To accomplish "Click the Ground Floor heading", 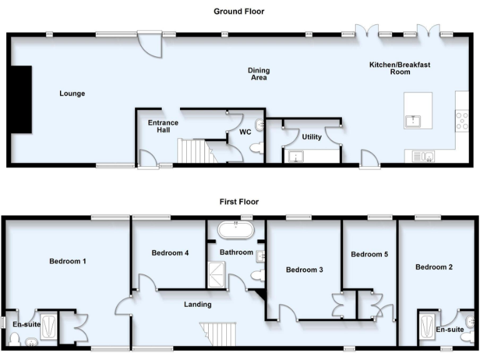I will (239, 11).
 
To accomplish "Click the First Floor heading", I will (239, 202).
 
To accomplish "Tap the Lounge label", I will (72, 94).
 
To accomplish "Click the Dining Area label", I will (258, 74).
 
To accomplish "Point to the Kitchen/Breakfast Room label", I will (399, 68).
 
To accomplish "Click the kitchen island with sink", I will (418, 111).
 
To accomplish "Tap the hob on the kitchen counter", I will (462, 120).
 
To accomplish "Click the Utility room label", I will (311, 136).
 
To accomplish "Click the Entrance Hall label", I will (163, 126).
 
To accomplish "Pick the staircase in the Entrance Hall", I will (193, 151).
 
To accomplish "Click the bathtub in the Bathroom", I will (236, 231).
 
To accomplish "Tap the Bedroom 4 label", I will (170, 253).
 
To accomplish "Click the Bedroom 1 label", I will (67, 261).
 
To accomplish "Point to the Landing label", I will (197, 304).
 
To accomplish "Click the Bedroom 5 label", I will (369, 254).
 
